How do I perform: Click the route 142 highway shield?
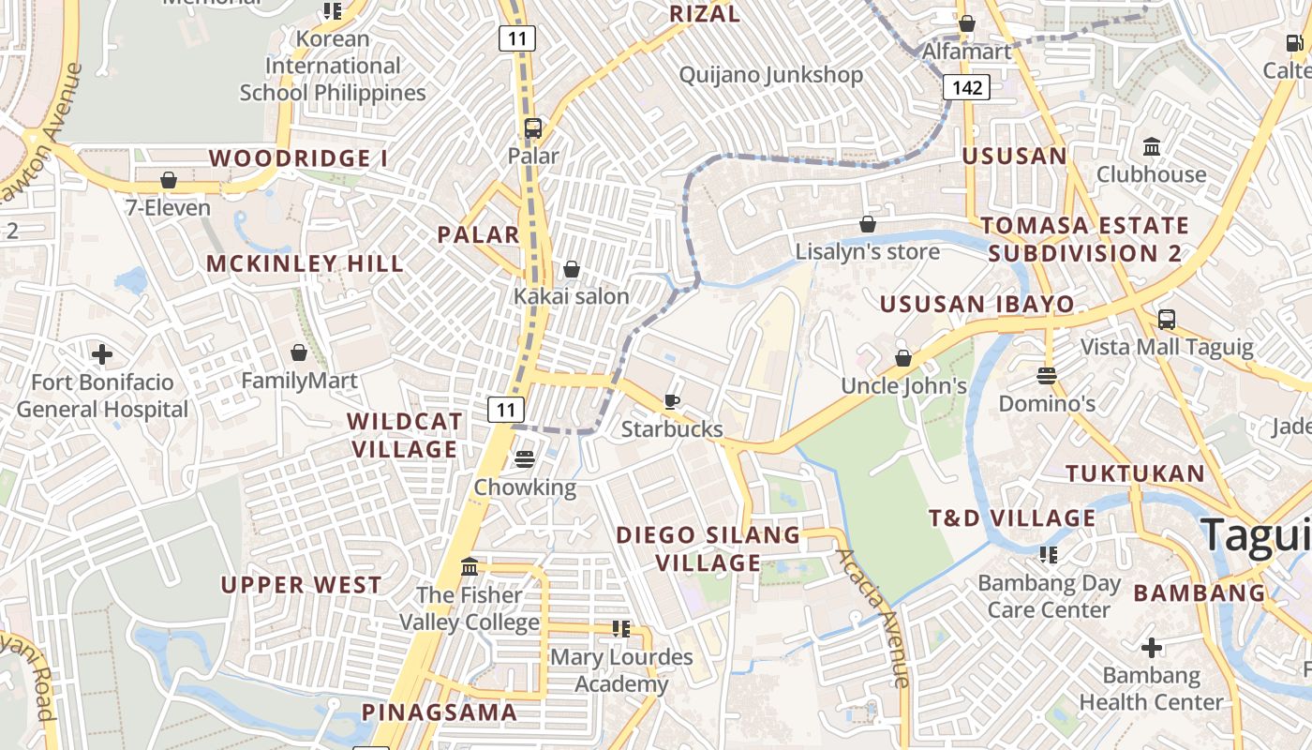click(966, 88)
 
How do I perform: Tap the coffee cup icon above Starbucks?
click(672, 402)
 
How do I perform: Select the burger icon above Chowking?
click(524, 459)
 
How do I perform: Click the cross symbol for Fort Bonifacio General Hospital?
click(102, 354)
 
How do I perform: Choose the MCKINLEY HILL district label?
click(305, 263)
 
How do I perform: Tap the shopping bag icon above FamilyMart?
click(299, 352)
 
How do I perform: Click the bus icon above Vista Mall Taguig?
click(1166, 320)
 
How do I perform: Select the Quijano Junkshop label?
click(770, 75)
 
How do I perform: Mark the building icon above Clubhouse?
click(1152, 147)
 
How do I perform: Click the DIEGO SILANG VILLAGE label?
click(708, 549)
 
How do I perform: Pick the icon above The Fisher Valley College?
click(470, 567)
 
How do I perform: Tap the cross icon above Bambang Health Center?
click(1152, 648)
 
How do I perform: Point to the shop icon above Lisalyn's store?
click(868, 224)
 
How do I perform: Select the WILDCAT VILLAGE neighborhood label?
click(404, 435)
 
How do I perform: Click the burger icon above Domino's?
click(1047, 376)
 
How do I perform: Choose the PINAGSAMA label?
click(440, 712)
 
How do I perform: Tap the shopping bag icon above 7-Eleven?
click(169, 180)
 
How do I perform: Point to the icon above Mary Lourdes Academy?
click(620, 629)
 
